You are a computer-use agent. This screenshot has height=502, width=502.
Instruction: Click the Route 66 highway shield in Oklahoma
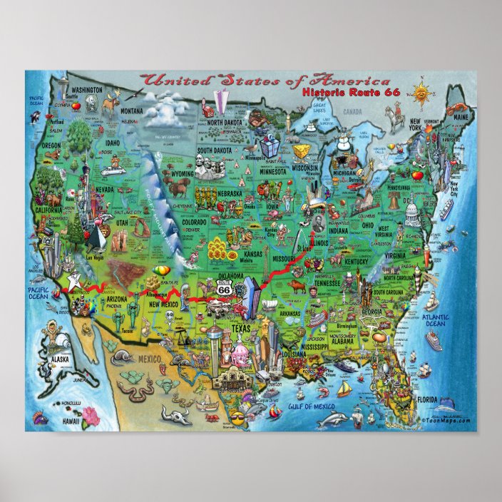[224, 290]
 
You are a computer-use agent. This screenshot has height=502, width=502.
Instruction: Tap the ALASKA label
[59, 359]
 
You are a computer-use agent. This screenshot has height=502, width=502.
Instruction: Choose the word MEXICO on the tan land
[150, 358]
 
